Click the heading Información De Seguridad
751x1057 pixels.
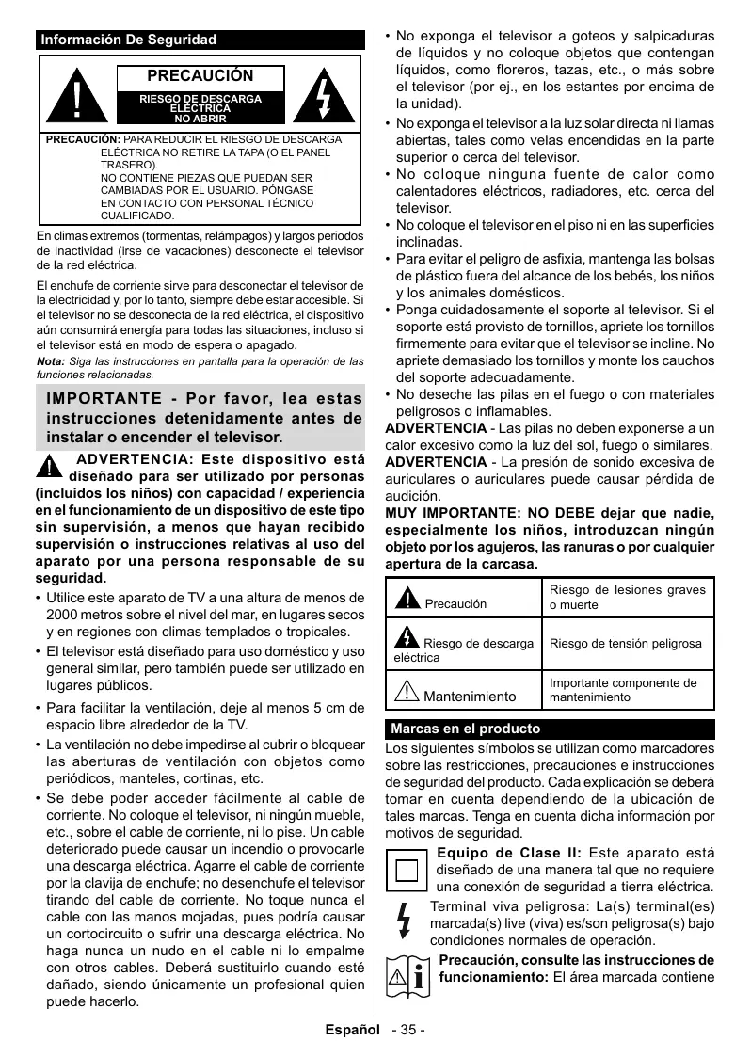coord(129,40)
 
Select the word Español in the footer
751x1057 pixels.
coord(352,1030)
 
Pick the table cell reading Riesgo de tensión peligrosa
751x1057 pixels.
coord(625,644)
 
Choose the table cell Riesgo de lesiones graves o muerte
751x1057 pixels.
coord(627,597)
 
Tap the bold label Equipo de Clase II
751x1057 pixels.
coord(508,853)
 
